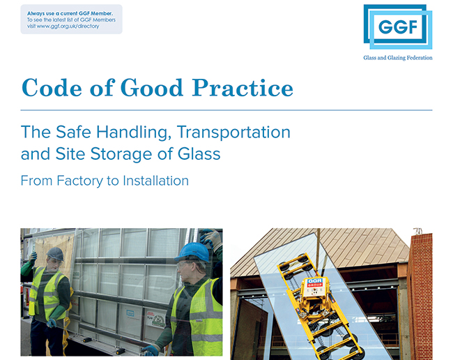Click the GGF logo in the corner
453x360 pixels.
tap(398, 27)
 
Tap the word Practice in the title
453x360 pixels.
tap(243, 88)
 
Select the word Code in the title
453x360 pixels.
tap(52, 88)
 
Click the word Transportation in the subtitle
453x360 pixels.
tap(233, 132)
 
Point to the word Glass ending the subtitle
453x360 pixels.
tap(199, 153)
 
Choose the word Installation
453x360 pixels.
tap(155, 181)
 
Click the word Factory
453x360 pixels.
tap(79, 181)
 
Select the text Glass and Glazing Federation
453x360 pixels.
tap(398, 58)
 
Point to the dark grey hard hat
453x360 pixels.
tap(55, 254)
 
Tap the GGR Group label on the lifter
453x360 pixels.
tap(315, 283)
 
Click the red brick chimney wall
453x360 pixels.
tap(420, 295)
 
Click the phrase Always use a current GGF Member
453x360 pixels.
tap(70, 13)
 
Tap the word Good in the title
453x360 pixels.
tap(152, 88)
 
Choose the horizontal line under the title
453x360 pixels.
tap(227, 110)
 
